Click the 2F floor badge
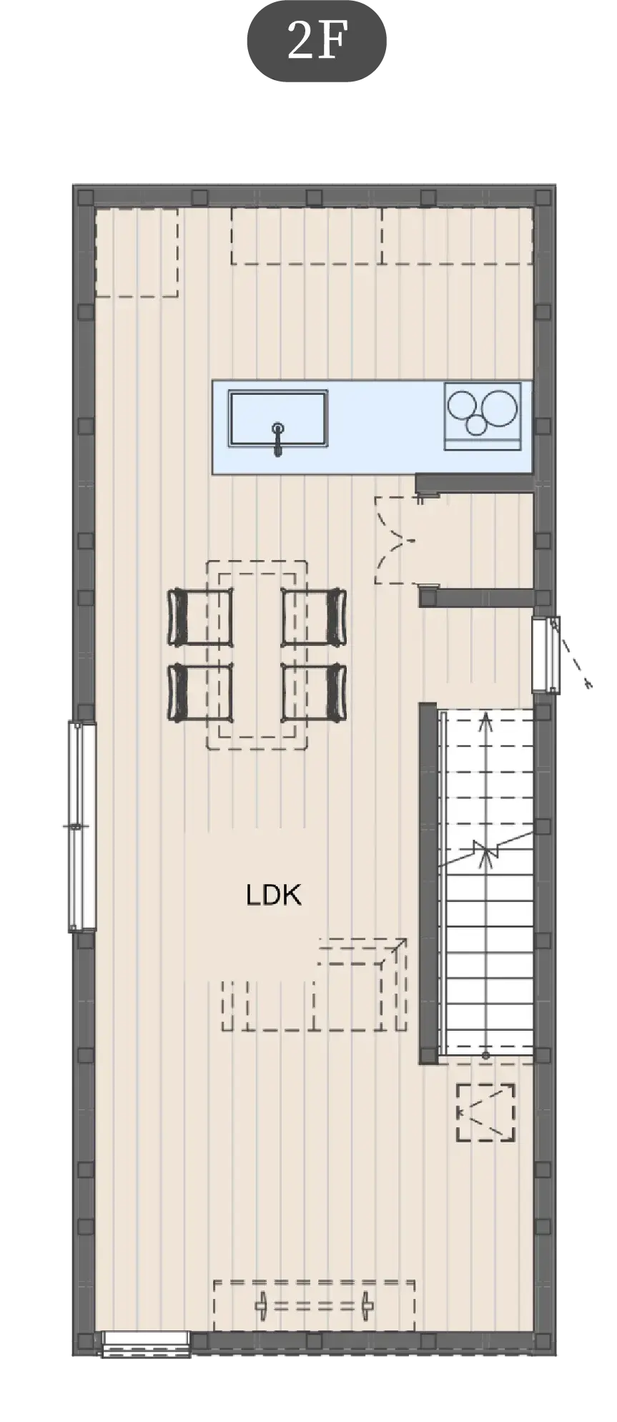317,41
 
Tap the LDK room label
274,895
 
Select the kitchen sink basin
278,418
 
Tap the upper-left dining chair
201,617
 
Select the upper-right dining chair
314,617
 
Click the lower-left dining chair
201,692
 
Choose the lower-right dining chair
314,692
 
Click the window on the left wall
82,827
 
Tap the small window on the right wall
546,654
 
